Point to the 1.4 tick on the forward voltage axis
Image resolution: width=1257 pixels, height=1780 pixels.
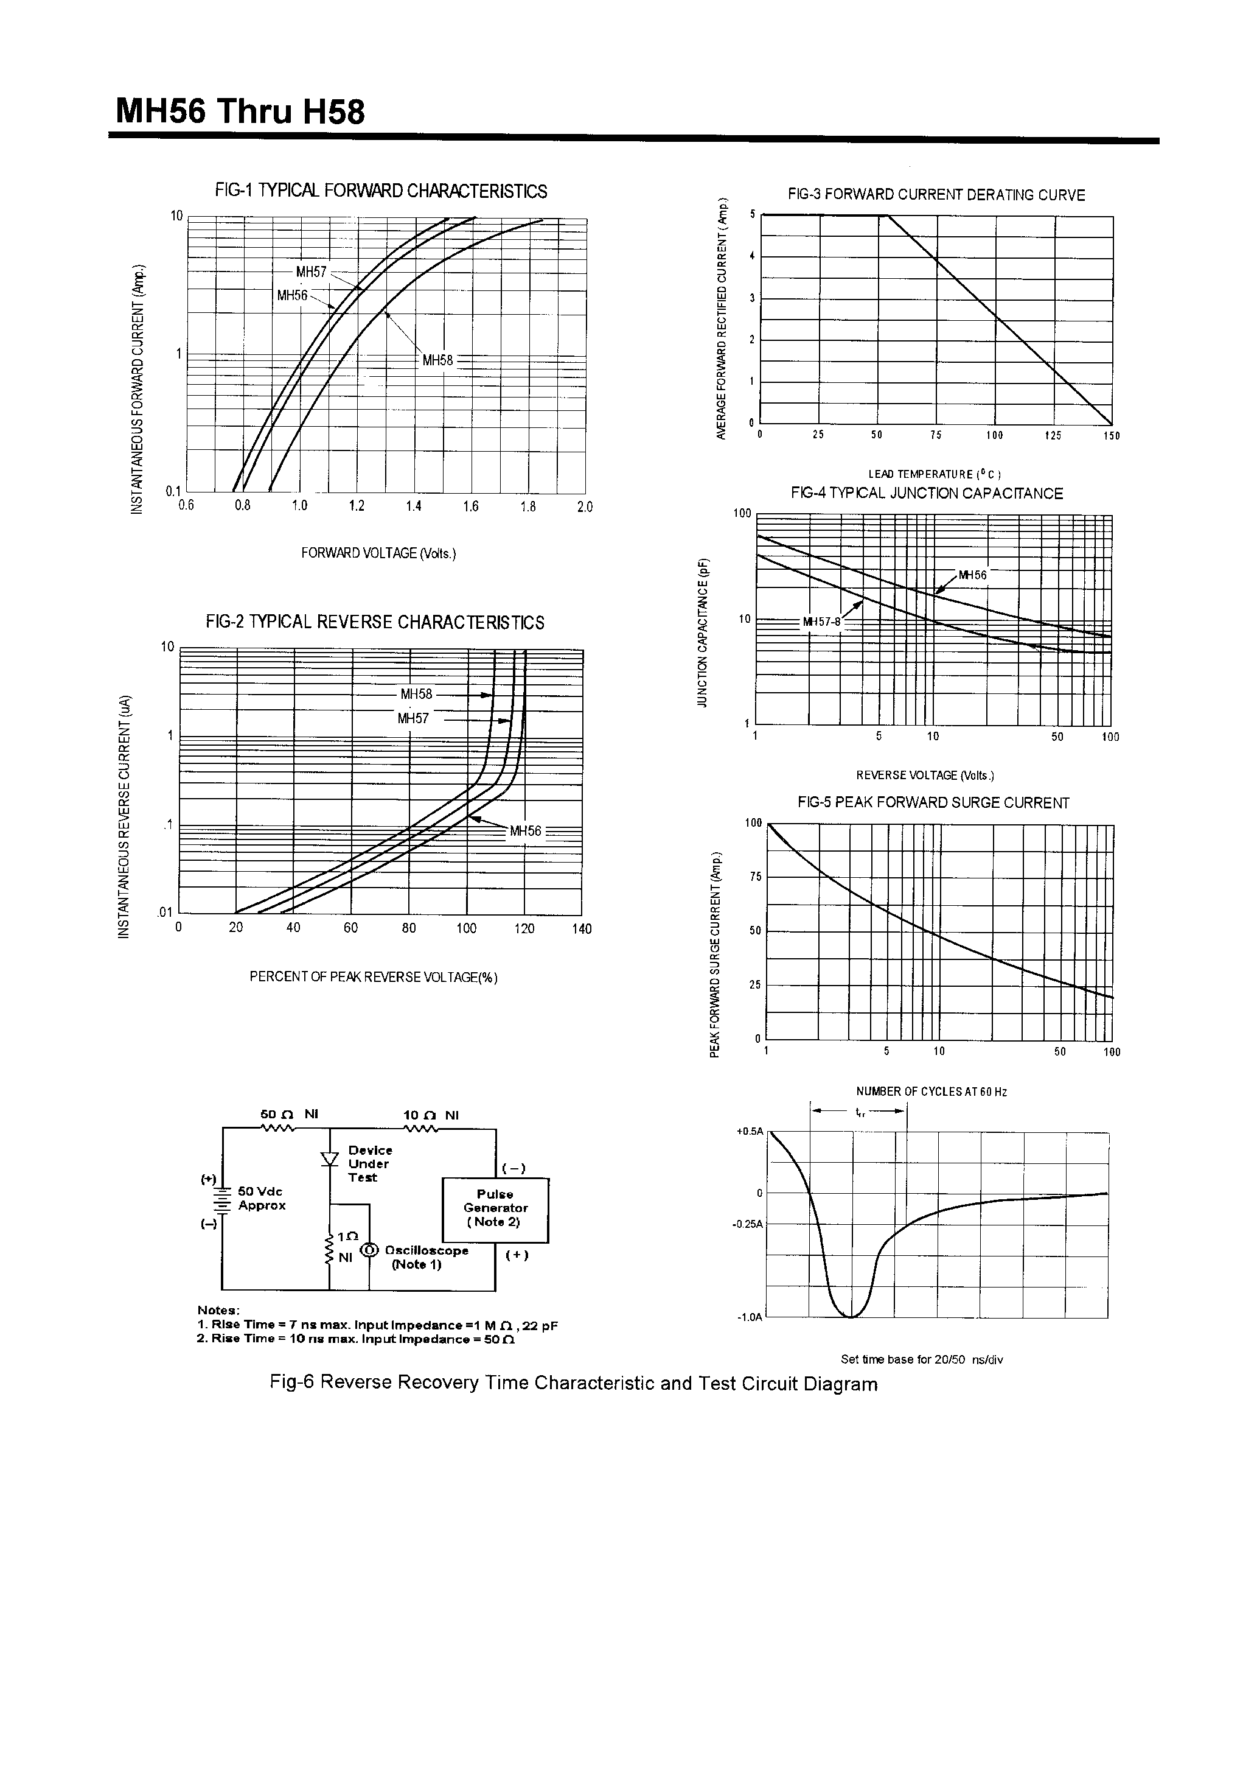(x=413, y=506)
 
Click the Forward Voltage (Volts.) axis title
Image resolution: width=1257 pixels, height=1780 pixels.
(x=378, y=553)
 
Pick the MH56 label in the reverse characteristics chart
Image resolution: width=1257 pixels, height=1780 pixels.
(x=526, y=831)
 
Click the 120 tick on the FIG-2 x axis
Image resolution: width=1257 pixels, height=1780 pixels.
(x=524, y=929)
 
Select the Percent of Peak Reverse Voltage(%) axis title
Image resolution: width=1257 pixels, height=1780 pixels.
(x=373, y=977)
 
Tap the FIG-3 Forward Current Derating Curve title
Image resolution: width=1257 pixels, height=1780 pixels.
(x=936, y=195)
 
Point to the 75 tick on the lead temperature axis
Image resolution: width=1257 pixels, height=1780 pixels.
(x=935, y=436)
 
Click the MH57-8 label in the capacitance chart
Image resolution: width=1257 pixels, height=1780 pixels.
(x=821, y=622)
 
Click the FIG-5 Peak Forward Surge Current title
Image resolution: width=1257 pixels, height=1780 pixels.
(x=933, y=803)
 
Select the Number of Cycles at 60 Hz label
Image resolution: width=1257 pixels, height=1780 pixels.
(x=931, y=1091)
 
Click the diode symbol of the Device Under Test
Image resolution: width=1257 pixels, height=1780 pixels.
(x=330, y=1159)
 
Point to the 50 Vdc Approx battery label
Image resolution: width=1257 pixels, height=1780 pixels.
(x=261, y=1198)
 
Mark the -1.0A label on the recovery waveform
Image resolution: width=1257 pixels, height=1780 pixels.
(x=750, y=1317)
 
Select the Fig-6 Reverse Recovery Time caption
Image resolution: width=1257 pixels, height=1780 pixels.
(x=574, y=1384)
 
